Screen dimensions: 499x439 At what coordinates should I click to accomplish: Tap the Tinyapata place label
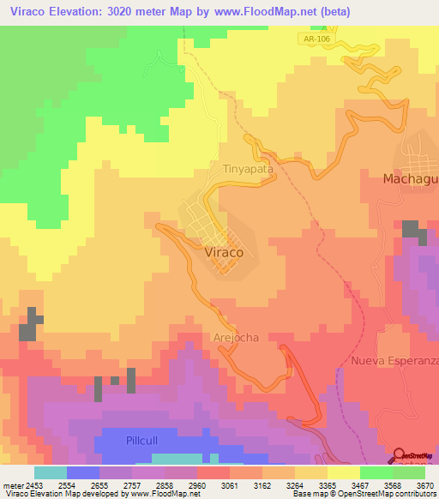(x=249, y=169)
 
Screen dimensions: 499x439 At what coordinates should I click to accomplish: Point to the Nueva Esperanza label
(x=394, y=360)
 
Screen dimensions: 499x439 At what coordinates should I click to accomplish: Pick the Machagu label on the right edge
(x=410, y=178)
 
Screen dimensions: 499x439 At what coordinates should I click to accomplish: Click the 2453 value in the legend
(x=26, y=484)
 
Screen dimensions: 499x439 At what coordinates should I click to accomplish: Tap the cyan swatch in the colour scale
(x=50, y=472)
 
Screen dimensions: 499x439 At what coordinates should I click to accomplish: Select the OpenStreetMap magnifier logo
(x=400, y=455)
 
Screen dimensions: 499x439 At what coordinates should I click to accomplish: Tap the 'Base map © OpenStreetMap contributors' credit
(x=364, y=494)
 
